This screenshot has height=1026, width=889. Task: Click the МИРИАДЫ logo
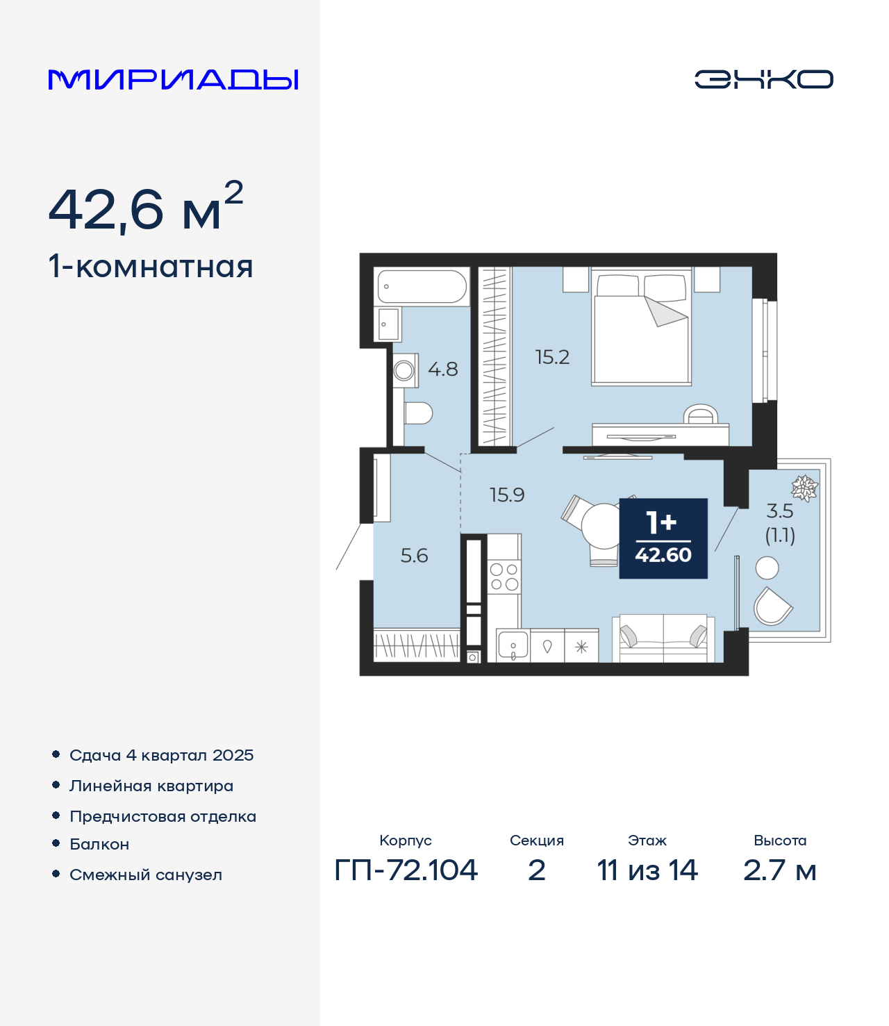pyautogui.click(x=173, y=79)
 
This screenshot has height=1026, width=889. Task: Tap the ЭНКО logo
pyautogui.click(x=763, y=79)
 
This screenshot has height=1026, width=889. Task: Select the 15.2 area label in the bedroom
pyautogui.click(x=552, y=357)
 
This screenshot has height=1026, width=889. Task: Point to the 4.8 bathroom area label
pyautogui.click(x=442, y=370)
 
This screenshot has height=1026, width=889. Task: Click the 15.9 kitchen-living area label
pyautogui.click(x=507, y=495)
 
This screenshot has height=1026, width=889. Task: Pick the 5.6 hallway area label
pyautogui.click(x=414, y=556)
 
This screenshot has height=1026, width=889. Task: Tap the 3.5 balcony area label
pyautogui.click(x=780, y=511)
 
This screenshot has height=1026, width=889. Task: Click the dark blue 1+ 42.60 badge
pyautogui.click(x=663, y=538)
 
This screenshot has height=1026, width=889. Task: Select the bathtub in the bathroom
pyautogui.click(x=422, y=286)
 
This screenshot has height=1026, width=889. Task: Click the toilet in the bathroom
pyautogui.click(x=418, y=413)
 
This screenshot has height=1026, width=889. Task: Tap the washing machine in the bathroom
pyautogui.click(x=405, y=370)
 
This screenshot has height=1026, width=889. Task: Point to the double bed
pyautogui.click(x=641, y=326)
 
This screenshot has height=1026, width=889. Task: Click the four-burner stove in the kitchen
pyautogui.click(x=504, y=577)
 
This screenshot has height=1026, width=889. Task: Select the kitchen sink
pyautogui.click(x=513, y=646)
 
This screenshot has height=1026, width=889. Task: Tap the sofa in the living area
pyautogui.click(x=663, y=638)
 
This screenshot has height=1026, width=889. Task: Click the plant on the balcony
pyautogui.click(x=804, y=488)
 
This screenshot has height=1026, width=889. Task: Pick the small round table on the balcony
pyautogui.click(x=767, y=568)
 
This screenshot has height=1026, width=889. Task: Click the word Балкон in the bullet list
pyautogui.click(x=99, y=844)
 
